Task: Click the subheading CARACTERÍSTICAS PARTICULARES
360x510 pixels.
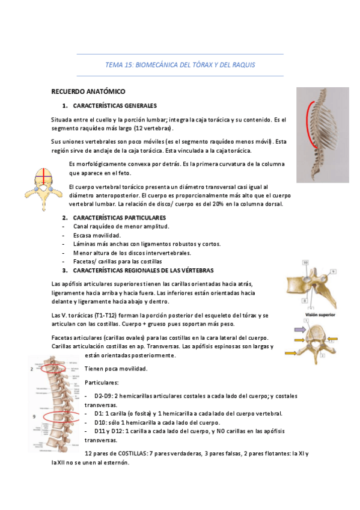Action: click(x=120, y=217)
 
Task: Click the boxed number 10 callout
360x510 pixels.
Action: click(x=305, y=263)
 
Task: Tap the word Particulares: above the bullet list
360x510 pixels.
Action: click(x=102, y=382)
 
